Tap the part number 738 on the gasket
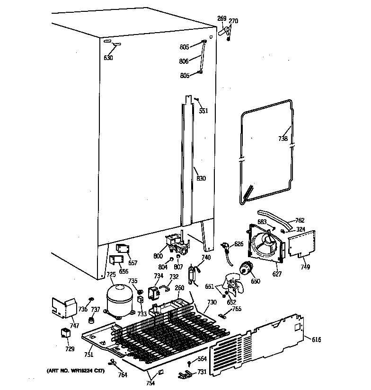pyautogui.click(x=283, y=139)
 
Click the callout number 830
pyautogui.click(x=201, y=178)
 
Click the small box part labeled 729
pyautogui.click(x=65, y=334)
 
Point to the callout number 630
pyautogui.click(x=109, y=59)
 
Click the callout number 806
pyautogui.click(x=184, y=61)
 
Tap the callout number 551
pyautogui.click(x=203, y=111)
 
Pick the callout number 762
pyautogui.click(x=300, y=220)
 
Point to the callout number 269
pyautogui.click(x=221, y=18)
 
